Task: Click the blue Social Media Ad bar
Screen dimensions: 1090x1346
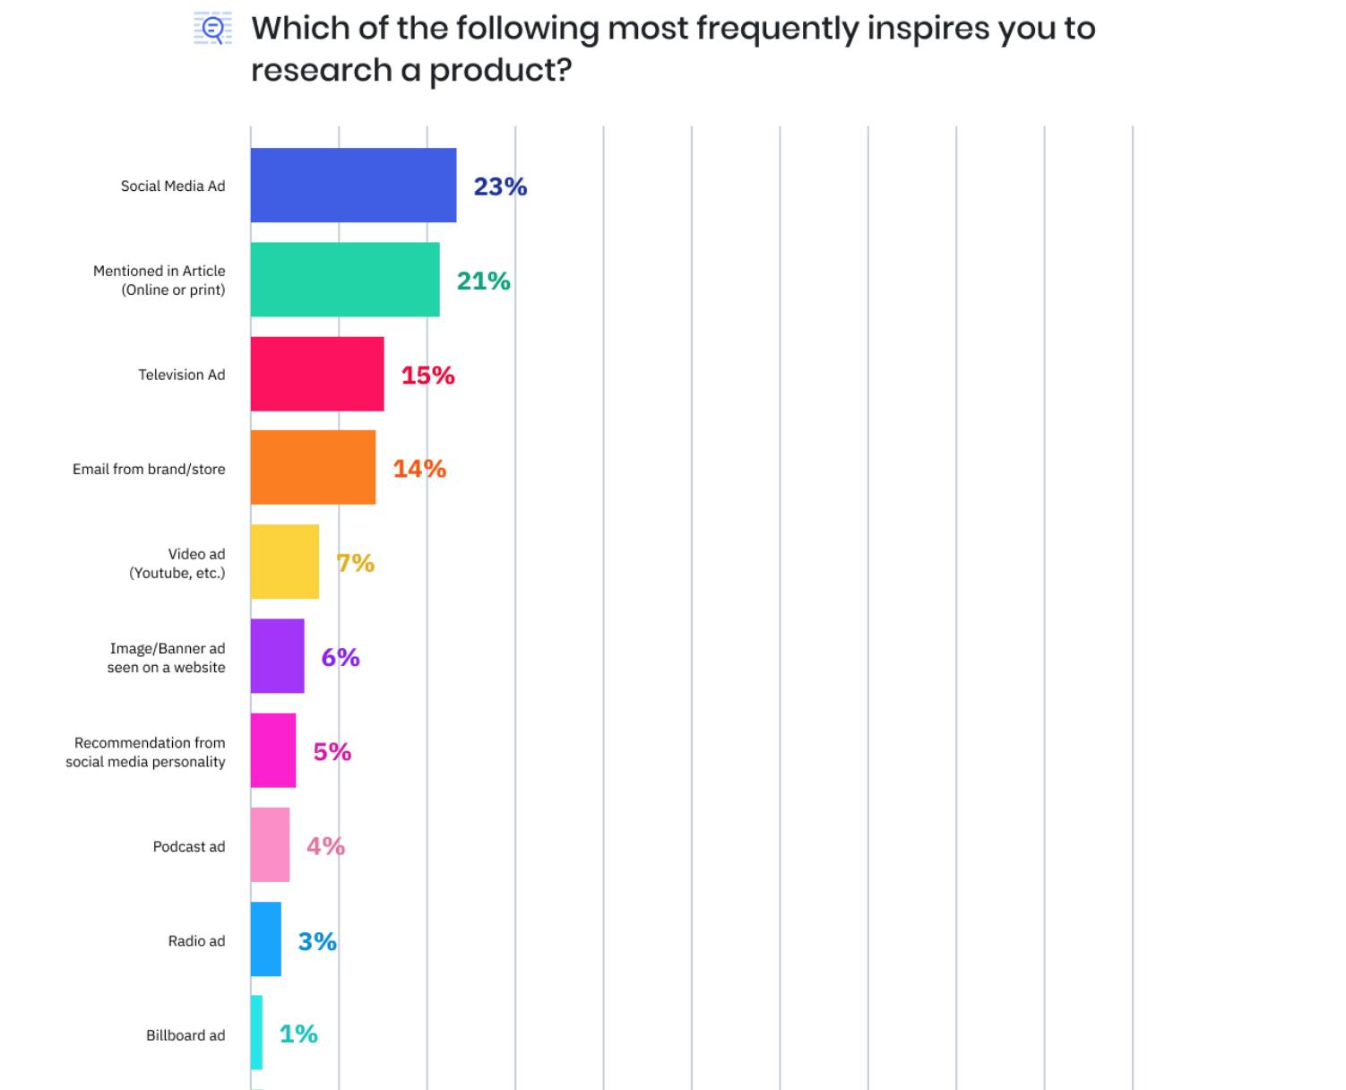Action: coord(353,186)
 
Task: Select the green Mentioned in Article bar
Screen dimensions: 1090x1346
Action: coord(345,280)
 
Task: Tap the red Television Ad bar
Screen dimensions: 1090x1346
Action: coord(317,374)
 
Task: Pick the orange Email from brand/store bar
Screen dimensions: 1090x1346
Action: coord(313,468)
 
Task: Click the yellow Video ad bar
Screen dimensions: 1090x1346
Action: coord(284,562)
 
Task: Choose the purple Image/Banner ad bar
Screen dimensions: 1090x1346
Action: coord(277,656)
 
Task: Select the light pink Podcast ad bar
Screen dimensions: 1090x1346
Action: coord(270,845)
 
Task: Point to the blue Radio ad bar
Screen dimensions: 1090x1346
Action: coord(265,939)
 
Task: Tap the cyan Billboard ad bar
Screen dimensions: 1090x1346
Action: coord(256,1033)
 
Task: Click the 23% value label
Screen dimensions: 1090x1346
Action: coord(500,186)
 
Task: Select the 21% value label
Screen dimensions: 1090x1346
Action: coord(483,281)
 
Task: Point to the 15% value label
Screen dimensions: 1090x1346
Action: coord(427,376)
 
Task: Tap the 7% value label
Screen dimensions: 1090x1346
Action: coord(355,563)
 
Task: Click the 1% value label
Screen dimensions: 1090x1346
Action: coord(298,1034)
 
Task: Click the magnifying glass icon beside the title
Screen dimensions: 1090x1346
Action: coord(213,30)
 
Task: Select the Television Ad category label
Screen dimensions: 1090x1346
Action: coord(181,375)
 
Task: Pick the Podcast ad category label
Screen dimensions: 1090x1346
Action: coord(188,846)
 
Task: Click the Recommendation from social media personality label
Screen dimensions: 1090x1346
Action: coord(145,752)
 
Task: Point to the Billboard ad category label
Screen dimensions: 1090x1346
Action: coord(186,1035)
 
